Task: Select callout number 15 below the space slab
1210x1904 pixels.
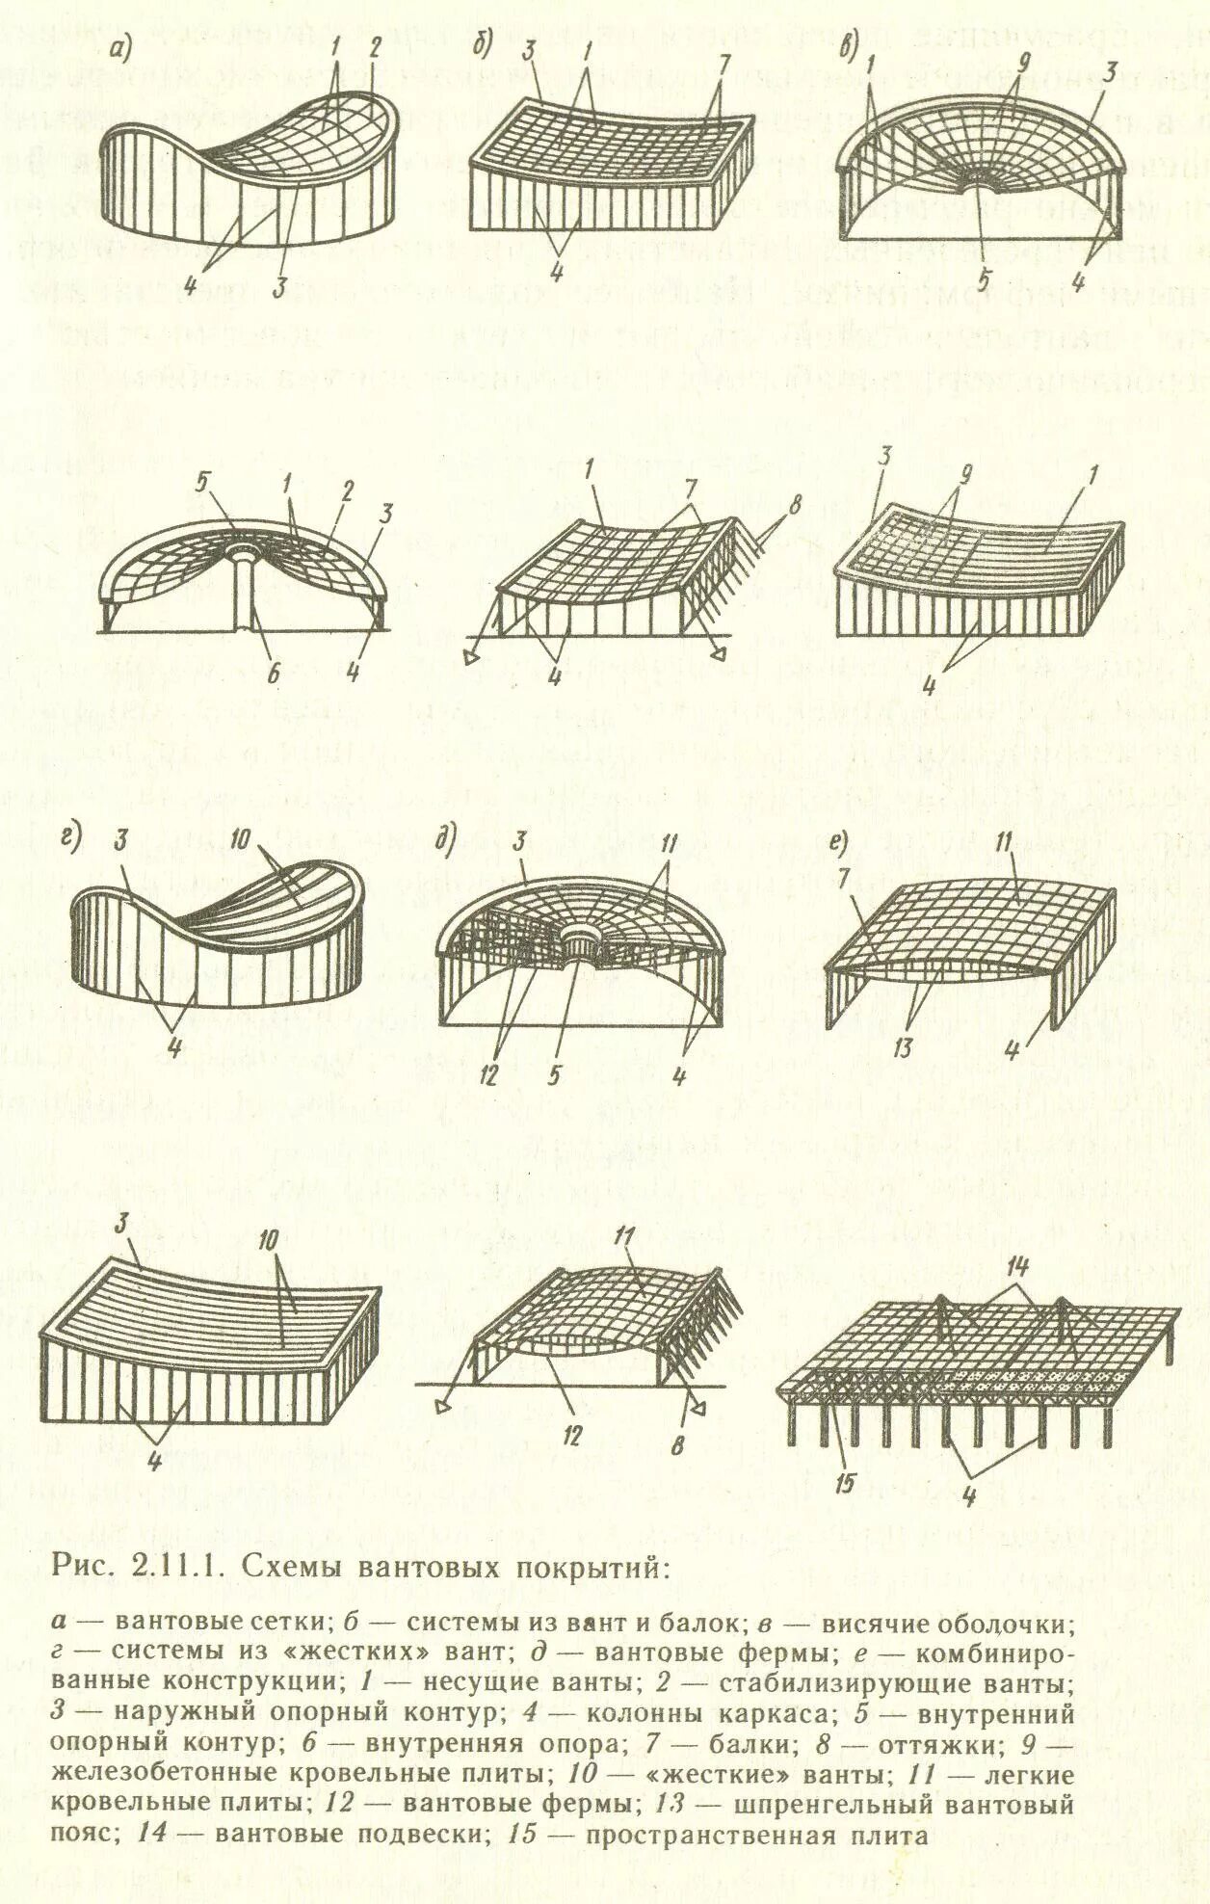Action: point(845,1485)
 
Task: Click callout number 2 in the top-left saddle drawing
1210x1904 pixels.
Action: point(375,49)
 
